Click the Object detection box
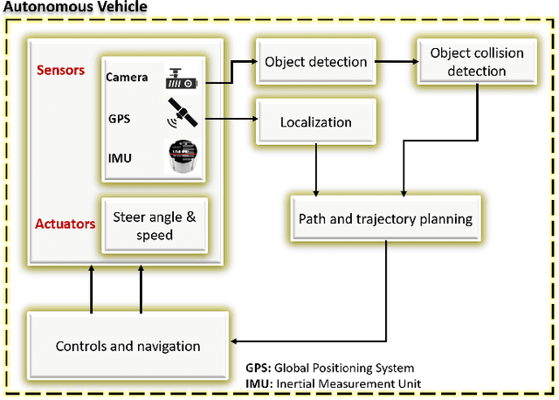point(315,62)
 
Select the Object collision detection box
point(476,62)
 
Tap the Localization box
point(315,121)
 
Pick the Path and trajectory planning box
point(385,218)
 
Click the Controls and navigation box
point(128,346)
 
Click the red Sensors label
point(61,70)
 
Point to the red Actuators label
point(66,224)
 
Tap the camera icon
point(183,78)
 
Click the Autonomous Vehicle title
point(74,7)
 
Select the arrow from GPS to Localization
point(229,118)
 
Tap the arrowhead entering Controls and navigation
point(237,341)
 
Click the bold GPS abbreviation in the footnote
point(257,368)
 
